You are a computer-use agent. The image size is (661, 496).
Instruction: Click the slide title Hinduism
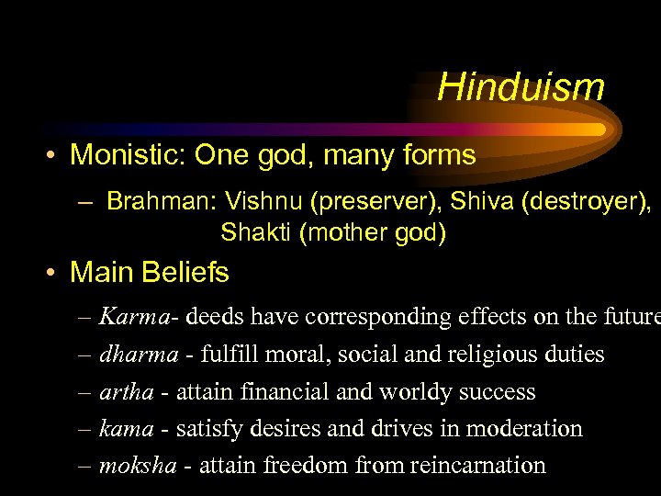pyautogui.click(x=521, y=87)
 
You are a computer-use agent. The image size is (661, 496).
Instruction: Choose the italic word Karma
pyautogui.click(x=134, y=317)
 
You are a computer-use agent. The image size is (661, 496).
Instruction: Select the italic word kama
pyautogui.click(x=126, y=428)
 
